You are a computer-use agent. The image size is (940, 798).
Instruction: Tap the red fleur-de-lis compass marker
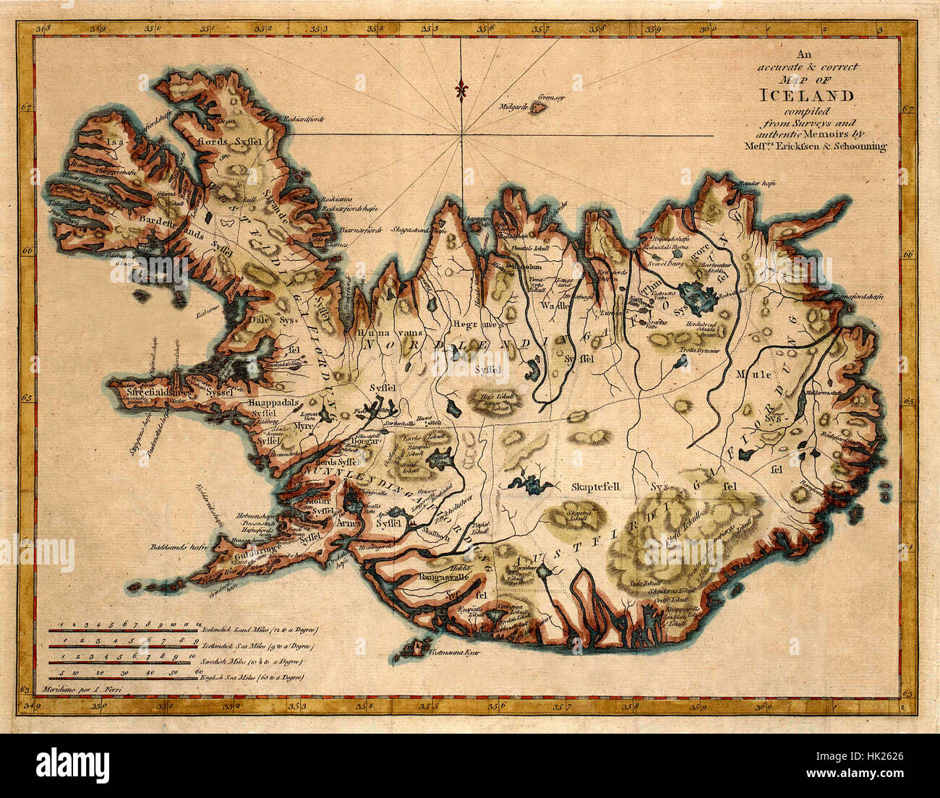461,90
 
